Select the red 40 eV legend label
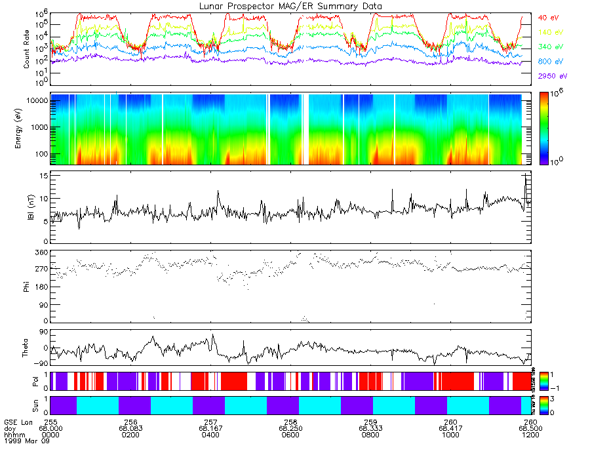[x=548, y=17]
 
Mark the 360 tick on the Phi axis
[x=41, y=252]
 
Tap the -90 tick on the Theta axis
[x=41, y=363]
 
